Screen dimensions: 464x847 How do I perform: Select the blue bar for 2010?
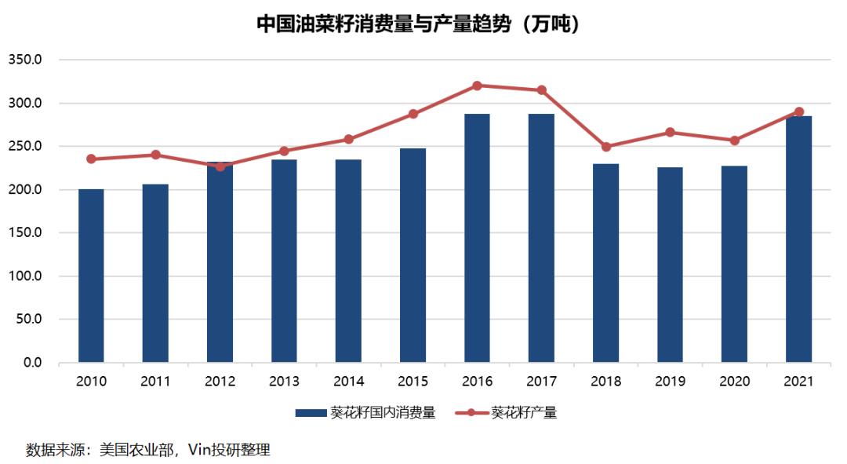pos(91,276)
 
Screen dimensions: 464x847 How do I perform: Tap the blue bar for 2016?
pos(477,239)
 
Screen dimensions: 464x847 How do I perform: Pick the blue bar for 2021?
pos(798,239)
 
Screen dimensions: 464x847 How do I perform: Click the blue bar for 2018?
pos(605,263)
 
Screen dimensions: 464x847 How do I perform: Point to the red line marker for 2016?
pos(477,86)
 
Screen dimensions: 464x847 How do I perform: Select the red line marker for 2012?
pos(220,166)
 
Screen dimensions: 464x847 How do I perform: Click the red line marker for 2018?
pos(605,147)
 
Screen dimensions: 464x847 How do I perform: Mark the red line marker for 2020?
pos(734,141)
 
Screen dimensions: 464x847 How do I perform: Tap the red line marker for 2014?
pos(348,140)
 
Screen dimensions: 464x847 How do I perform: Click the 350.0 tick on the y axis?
pos(25,60)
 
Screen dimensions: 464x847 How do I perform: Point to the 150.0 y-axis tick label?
pos(25,233)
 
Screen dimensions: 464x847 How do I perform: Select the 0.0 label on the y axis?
pos(31,363)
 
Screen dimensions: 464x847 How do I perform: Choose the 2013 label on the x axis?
pos(284,382)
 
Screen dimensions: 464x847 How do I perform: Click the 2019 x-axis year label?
pos(670,382)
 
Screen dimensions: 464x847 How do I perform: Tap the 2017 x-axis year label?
pos(541,382)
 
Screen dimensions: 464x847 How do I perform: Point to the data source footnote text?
pos(148,450)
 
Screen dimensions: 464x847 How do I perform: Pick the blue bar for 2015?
pos(413,255)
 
